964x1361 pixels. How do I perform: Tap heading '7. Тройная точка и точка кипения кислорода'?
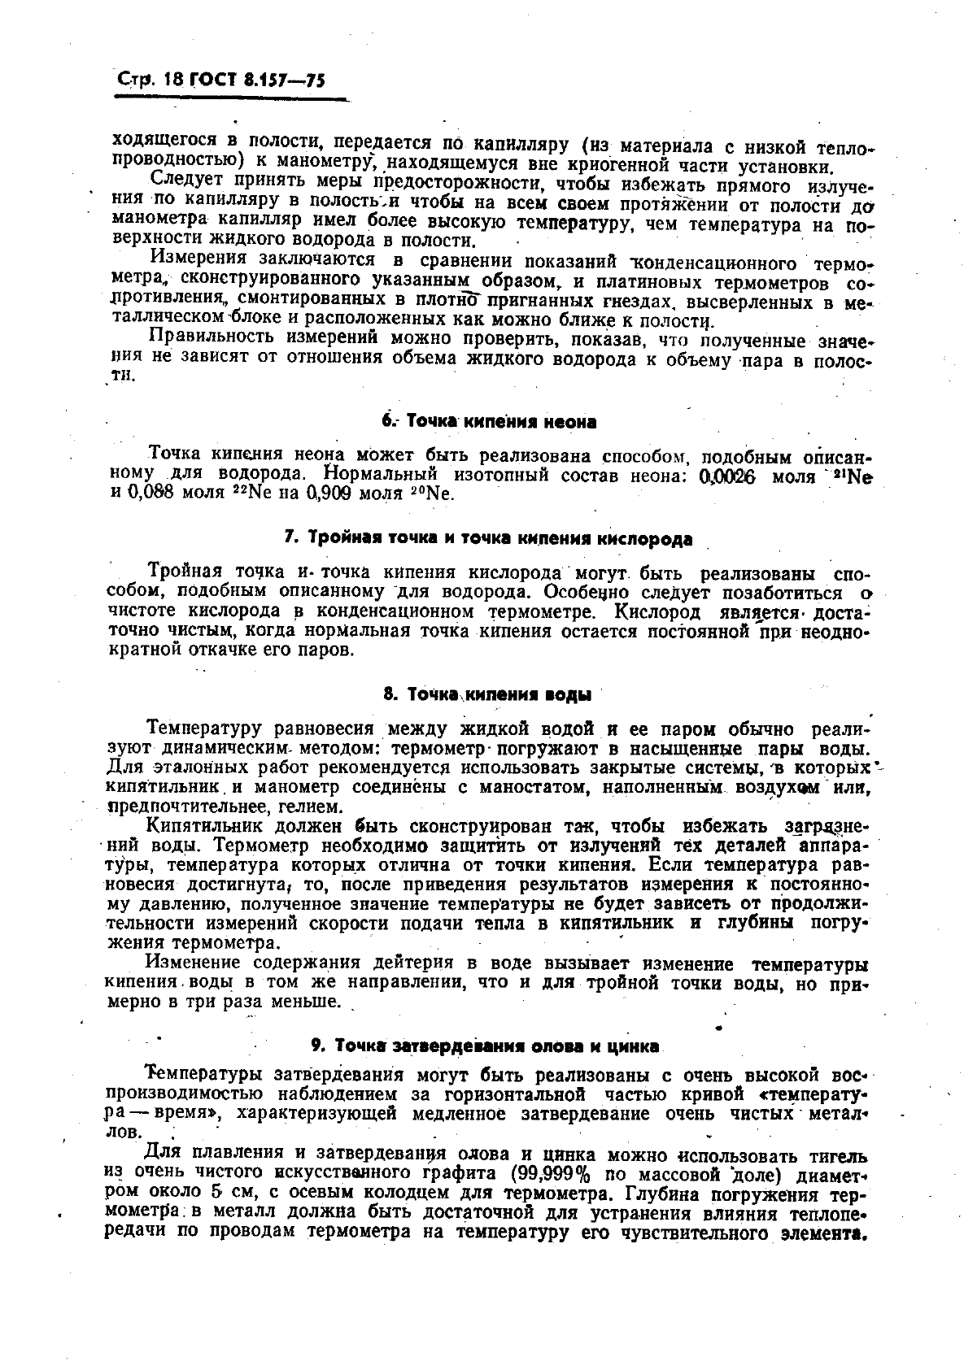pyautogui.click(x=488, y=538)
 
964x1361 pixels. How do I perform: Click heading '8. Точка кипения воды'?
pyautogui.click(x=487, y=695)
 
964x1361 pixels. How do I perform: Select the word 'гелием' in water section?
pyautogui.click(x=306, y=807)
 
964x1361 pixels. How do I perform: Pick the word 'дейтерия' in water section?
pyautogui.click(x=412, y=963)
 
